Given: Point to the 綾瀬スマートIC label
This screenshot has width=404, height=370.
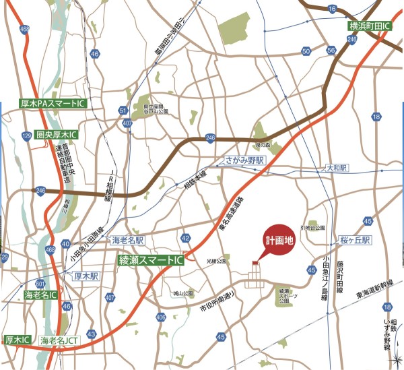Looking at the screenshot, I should point(151,259).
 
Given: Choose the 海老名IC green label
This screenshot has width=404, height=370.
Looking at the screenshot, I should point(41,295).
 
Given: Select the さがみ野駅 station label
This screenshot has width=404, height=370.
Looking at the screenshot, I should point(246,161).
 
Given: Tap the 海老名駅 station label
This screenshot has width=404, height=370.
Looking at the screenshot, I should point(128,240).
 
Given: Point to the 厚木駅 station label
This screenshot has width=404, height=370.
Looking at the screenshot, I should point(86,276).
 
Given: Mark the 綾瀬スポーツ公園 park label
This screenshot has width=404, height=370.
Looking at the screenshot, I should point(288,295).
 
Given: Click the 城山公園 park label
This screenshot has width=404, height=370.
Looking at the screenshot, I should point(182,293).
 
